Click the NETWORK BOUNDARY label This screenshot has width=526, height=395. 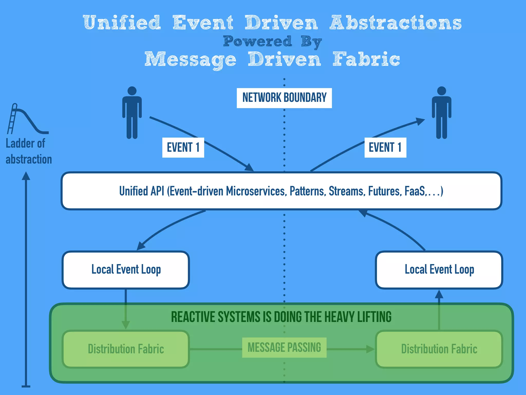pos(284,98)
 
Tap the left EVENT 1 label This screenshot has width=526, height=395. pos(183,148)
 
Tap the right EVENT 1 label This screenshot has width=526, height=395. pos(385,148)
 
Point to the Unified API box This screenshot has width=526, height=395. pos(281,191)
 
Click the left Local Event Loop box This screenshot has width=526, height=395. pos(126,270)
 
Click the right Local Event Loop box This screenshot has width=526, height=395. pos(439,270)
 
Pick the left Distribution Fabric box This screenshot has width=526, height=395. pos(126,349)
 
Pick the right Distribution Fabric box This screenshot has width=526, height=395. pos(439,349)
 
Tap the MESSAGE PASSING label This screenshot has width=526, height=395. pos(284,348)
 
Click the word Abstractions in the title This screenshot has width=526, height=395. pos(396,23)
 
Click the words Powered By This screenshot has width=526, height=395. pos(272,41)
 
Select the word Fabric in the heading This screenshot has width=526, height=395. pos(366,59)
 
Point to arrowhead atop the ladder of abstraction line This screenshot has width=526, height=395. pos(26,176)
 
